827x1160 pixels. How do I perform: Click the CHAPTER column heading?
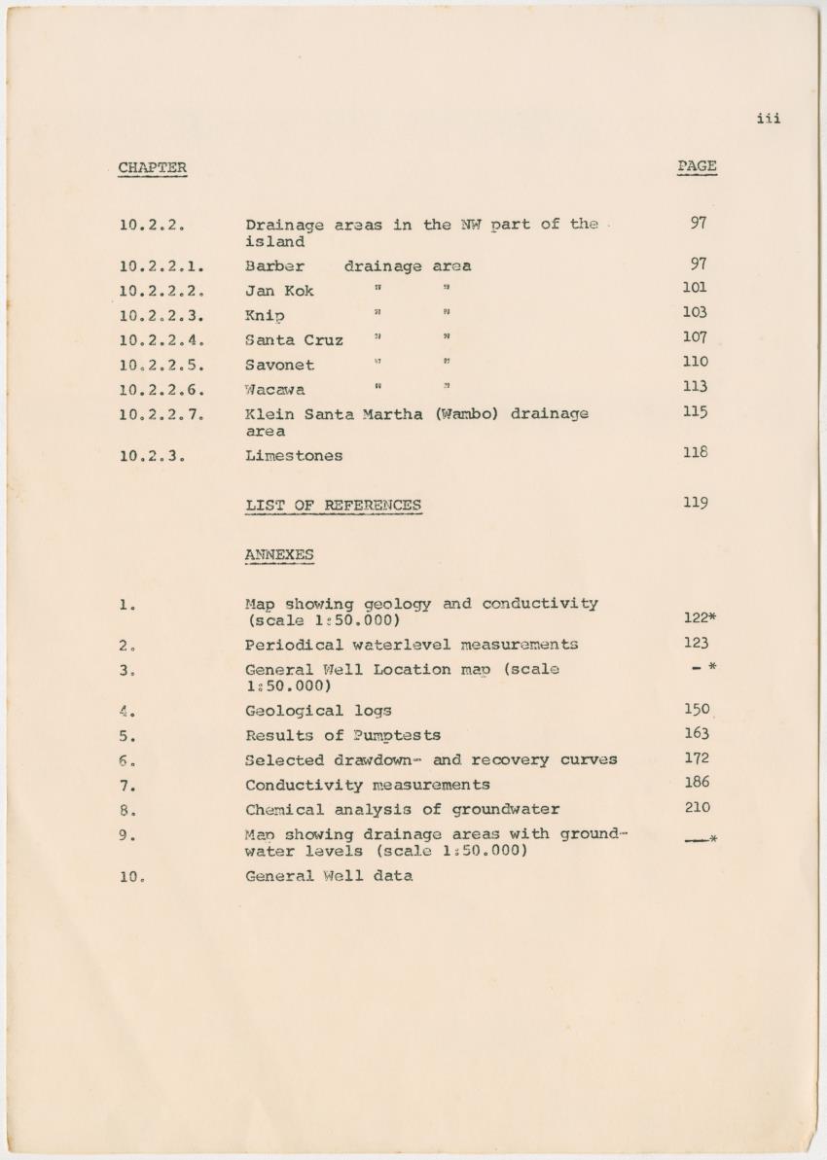(152, 167)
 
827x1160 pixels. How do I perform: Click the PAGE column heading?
(697, 166)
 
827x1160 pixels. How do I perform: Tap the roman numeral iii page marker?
(768, 119)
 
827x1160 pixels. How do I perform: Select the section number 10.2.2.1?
(162, 265)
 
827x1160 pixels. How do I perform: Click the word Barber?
(274, 265)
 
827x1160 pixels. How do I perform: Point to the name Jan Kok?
(279, 291)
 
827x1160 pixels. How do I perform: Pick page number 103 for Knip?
(696, 312)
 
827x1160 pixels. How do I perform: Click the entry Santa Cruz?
(294, 340)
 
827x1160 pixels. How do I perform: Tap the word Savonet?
(279, 366)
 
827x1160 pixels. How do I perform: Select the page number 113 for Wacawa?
(696, 387)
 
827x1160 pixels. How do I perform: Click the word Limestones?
(294, 455)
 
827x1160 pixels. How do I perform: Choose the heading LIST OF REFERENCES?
(333, 505)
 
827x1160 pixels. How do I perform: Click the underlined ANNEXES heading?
(279, 554)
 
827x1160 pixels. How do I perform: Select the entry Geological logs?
(318, 711)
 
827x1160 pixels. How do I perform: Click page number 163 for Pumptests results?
(697, 733)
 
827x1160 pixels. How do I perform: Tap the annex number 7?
(126, 785)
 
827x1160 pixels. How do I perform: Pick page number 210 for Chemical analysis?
(697, 807)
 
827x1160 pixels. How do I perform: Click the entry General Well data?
(328, 875)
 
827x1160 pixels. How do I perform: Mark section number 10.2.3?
(152, 455)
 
